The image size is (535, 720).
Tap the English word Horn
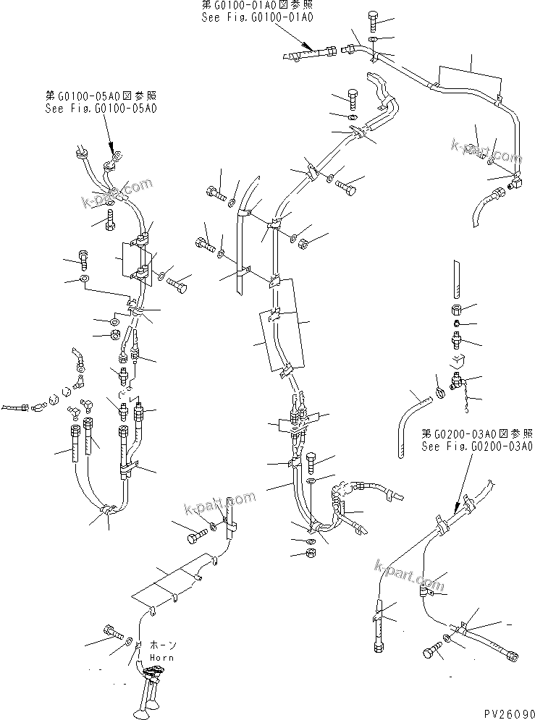pyautogui.click(x=162, y=656)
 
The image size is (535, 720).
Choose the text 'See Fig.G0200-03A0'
pyautogui.click(x=478, y=446)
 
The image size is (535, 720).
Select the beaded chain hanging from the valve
pyautogui.click(x=471, y=405)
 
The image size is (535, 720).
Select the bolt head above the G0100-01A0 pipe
pyautogui.click(x=373, y=19)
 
